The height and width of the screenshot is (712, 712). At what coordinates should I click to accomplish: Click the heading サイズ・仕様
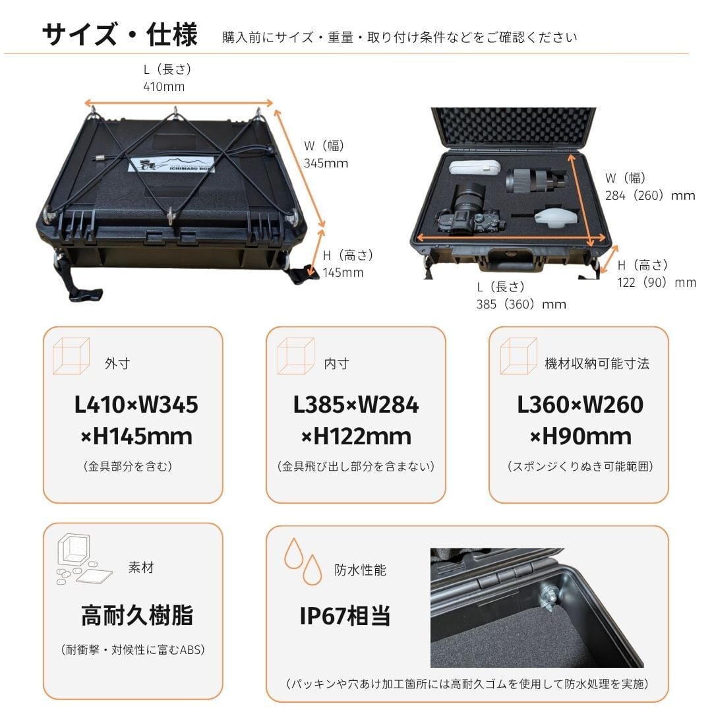pos(120,34)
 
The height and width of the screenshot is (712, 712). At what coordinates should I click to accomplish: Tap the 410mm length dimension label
pos(164,86)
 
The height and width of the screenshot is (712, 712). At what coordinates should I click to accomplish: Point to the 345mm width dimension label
pos(326,163)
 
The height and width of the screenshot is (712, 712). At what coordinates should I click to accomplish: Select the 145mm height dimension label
pos(343,272)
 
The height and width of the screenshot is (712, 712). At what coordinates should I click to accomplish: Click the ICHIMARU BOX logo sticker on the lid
pos(171,165)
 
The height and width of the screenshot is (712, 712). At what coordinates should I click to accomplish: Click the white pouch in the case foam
pos(475,167)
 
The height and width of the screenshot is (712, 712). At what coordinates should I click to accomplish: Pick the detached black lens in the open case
pos(536,180)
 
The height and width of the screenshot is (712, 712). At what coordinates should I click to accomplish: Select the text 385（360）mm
pos(521,304)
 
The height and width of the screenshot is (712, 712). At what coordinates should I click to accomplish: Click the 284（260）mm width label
pos(650,196)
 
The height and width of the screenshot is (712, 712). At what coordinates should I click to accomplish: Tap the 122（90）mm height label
pos(656,282)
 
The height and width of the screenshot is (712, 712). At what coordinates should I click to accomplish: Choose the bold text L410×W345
pos(136,405)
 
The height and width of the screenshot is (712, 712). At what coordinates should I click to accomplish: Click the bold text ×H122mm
pos(356,436)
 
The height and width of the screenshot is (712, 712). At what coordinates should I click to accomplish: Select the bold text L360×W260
pos(580,405)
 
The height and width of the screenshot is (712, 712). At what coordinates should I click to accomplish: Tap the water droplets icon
pos(303,562)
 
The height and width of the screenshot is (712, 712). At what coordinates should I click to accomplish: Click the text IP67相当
pos(345,616)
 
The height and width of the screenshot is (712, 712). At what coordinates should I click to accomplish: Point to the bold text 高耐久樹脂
pos(137,615)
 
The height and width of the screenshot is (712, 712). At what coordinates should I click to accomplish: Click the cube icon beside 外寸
pos(71,356)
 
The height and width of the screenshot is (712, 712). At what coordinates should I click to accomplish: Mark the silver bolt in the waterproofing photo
pos(548,596)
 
